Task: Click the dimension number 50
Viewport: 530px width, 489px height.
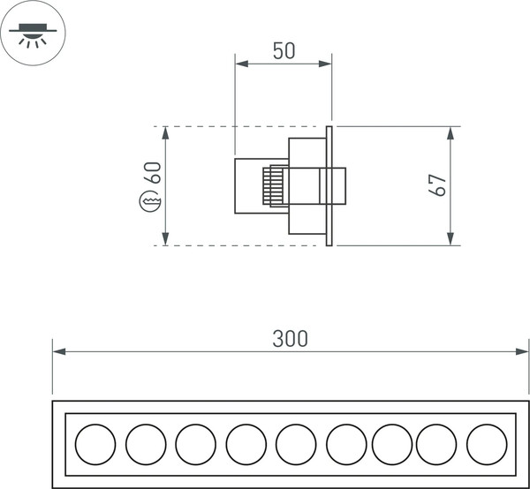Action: pyautogui.click(x=284, y=51)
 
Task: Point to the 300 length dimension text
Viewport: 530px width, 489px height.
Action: pyautogui.click(x=290, y=339)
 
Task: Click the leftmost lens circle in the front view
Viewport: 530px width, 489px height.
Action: pyautogui.click(x=95, y=444)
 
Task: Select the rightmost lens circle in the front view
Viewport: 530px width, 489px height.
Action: pyautogui.click(x=487, y=444)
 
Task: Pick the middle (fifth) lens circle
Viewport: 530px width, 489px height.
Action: pyautogui.click(x=296, y=444)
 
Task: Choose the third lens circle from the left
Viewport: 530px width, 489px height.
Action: pyautogui.click(x=195, y=444)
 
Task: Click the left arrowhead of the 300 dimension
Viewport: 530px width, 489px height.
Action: pyautogui.click(x=59, y=351)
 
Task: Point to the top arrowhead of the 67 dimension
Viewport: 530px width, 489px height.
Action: pyautogui.click(x=450, y=133)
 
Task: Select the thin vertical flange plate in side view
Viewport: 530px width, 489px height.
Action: pyautogui.click(x=329, y=185)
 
